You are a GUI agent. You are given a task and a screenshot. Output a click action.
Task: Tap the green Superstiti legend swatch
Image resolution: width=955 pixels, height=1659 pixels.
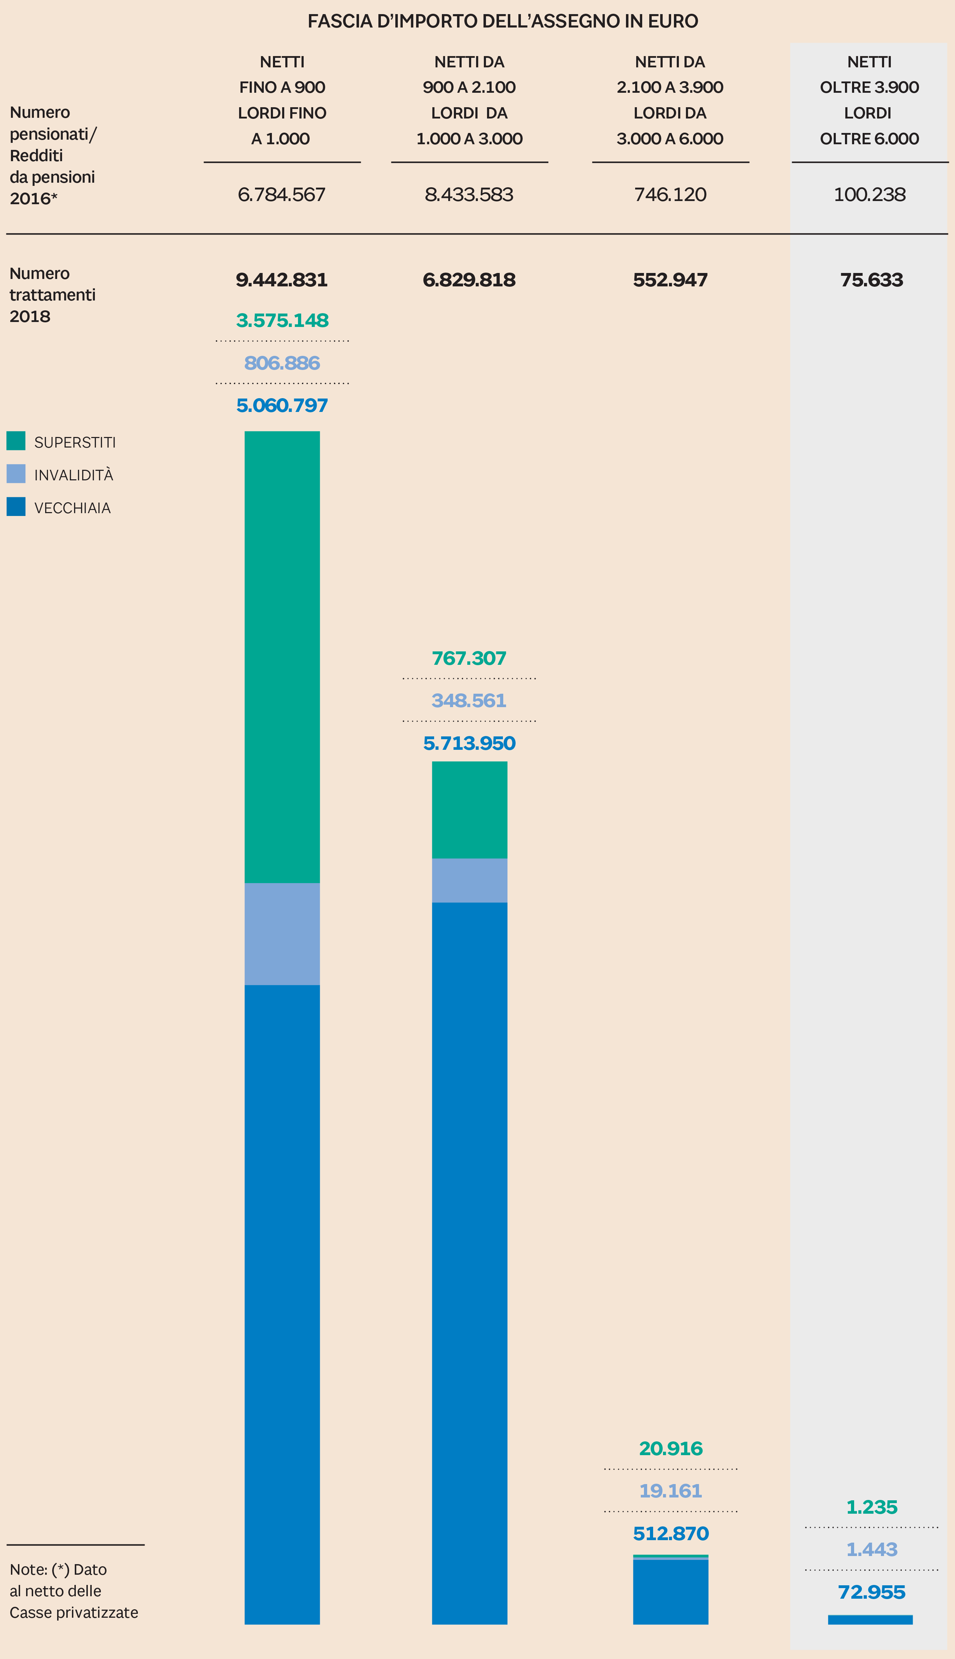pyautogui.click(x=16, y=440)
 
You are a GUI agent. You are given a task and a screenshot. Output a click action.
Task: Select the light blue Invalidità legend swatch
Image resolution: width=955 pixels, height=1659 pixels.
pyautogui.click(x=16, y=473)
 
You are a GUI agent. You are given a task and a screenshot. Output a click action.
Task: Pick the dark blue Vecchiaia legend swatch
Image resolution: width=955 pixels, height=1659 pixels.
pyautogui.click(x=16, y=506)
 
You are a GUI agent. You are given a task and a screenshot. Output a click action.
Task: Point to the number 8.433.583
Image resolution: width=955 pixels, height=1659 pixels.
pyautogui.click(x=469, y=195)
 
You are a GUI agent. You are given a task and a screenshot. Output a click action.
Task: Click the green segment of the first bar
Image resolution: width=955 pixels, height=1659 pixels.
pyautogui.click(x=282, y=656)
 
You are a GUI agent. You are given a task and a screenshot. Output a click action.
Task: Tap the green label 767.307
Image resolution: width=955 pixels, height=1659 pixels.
pyautogui.click(x=469, y=658)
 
